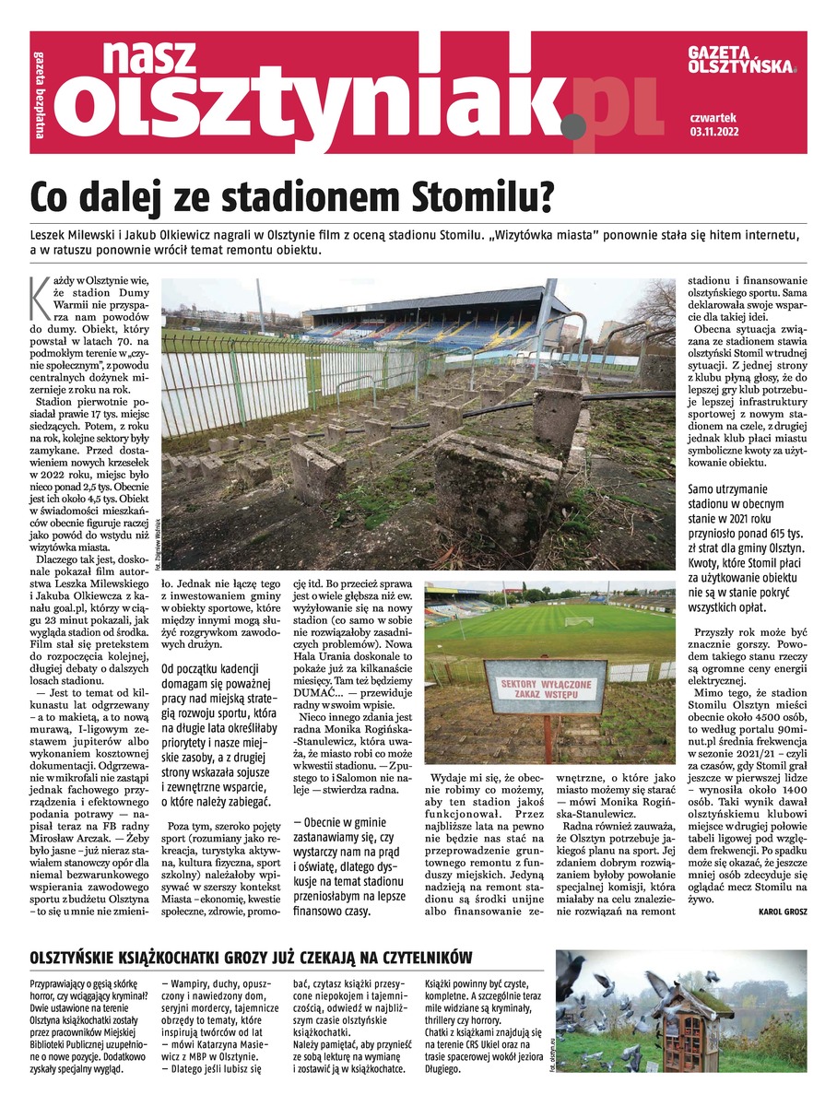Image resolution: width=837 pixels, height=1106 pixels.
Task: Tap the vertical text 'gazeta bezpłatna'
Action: pyautogui.click(x=40, y=92)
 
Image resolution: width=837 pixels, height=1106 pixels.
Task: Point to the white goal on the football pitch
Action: pyautogui.click(x=579, y=620)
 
